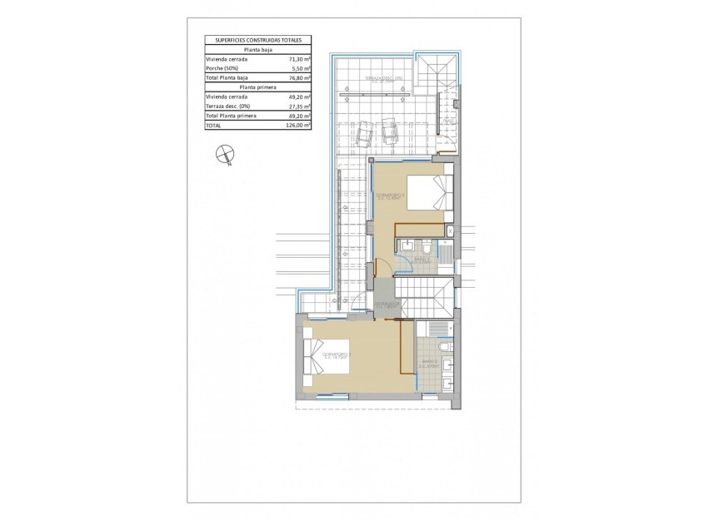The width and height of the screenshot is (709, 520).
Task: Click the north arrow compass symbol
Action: click(224, 153)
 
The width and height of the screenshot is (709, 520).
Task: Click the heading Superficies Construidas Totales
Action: click(257, 39)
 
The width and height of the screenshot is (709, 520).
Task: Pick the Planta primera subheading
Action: click(257, 87)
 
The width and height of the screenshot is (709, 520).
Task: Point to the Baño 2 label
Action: click(429, 362)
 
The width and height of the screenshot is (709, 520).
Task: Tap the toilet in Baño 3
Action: click(424, 247)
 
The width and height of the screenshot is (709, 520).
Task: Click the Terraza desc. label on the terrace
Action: click(378, 80)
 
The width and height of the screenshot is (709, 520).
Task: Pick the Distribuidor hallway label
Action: click(387, 305)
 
